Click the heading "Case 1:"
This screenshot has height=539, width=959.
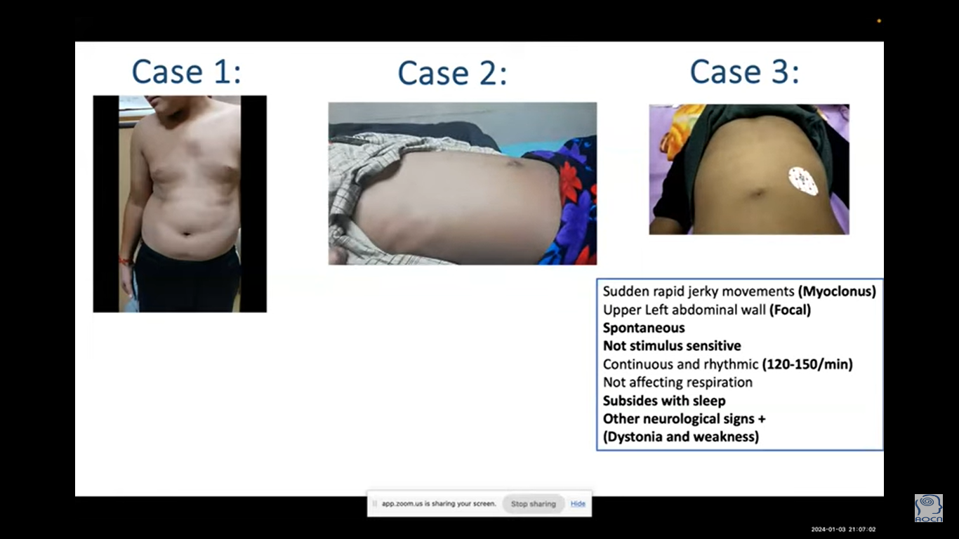[x=186, y=71]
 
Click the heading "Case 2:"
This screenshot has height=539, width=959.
[x=452, y=73]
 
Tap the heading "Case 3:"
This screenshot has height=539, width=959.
[x=744, y=71]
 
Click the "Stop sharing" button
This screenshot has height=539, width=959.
[x=533, y=504]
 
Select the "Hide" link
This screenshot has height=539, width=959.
[x=578, y=504]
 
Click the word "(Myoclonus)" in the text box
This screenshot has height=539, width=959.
[x=837, y=291]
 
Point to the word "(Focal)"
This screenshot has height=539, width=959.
[x=790, y=310]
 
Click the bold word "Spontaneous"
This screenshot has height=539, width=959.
[x=644, y=328]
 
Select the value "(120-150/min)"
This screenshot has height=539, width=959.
[x=807, y=364]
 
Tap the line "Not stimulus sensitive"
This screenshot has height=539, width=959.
[x=672, y=346]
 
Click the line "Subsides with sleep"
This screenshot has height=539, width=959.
[x=664, y=401]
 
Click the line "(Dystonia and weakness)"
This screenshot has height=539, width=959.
[x=681, y=437]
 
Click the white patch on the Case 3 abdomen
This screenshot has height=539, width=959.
[x=803, y=181]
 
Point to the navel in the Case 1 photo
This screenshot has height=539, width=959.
[x=186, y=234]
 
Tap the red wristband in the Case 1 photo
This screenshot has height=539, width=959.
[x=126, y=260]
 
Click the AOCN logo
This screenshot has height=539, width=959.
[x=928, y=508]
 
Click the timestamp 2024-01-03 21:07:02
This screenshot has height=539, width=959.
[x=843, y=530]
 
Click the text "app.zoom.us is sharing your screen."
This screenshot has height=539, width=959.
[x=439, y=504]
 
